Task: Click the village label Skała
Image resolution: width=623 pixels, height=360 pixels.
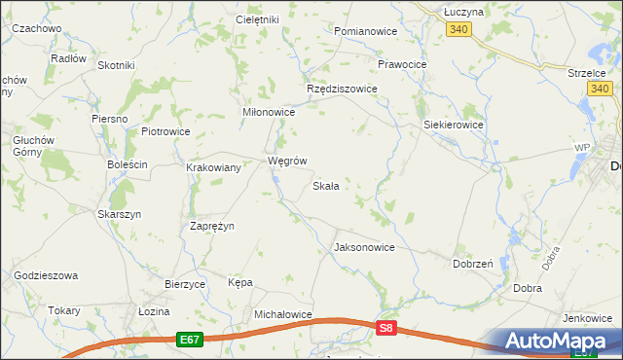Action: (325, 186)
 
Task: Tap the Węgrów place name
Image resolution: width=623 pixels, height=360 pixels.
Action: (287, 161)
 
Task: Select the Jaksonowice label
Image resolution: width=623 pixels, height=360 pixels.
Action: (364, 247)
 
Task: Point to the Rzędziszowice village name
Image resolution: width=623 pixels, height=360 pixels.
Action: (342, 89)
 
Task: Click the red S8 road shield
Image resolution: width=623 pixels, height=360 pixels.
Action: (387, 330)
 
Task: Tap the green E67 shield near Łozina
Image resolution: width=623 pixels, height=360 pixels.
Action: (190, 340)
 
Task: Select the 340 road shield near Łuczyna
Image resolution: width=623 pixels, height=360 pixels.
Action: (460, 31)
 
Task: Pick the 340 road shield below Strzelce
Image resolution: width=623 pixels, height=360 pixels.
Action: (601, 90)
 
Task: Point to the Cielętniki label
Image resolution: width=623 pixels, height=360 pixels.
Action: (258, 19)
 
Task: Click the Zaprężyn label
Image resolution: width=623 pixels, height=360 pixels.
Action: (211, 226)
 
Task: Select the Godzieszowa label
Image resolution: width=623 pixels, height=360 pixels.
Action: (45, 276)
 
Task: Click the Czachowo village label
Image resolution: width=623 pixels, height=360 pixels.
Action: (37, 29)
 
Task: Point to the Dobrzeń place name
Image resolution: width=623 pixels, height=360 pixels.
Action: (473, 264)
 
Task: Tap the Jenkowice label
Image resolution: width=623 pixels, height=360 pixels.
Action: (587, 318)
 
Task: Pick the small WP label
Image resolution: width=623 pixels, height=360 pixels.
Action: (582, 147)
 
